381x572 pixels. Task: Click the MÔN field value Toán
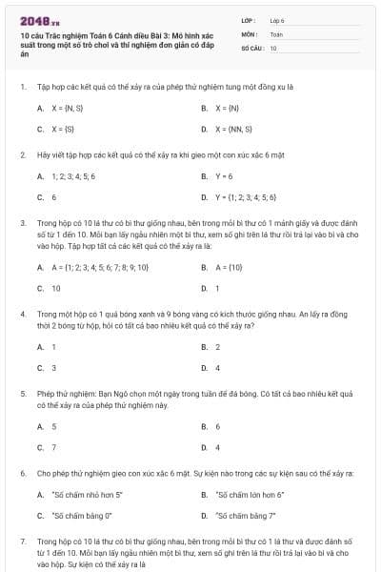tap(276, 33)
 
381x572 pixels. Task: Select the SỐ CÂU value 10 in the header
tap(273, 47)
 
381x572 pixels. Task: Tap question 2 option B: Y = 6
tap(224, 176)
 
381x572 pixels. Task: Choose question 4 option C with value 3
tap(53, 367)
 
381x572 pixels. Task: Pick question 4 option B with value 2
tap(218, 347)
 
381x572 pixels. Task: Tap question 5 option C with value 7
tap(53, 446)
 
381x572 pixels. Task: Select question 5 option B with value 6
tap(218, 426)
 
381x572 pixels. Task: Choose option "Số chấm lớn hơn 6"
tap(251, 495)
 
